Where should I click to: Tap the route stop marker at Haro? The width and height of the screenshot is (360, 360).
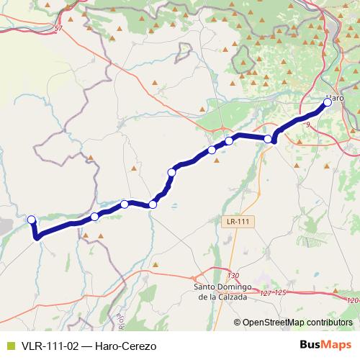tap(328, 103)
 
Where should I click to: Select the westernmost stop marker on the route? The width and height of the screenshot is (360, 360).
tap(31, 220)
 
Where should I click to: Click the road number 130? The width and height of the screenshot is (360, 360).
tap(232, 276)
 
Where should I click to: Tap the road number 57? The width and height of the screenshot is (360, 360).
tap(58, 28)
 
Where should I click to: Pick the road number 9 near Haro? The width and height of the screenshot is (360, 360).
tap(307, 125)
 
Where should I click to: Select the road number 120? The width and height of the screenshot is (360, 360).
tap(351, 300)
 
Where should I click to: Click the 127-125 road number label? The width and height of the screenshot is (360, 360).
tap(273, 292)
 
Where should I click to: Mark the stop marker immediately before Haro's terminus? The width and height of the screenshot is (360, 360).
tap(269, 138)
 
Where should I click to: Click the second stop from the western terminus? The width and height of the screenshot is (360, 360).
tap(94, 217)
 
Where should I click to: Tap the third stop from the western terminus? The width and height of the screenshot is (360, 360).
tap(125, 204)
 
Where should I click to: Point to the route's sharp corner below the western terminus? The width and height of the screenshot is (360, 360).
tap(37, 236)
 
